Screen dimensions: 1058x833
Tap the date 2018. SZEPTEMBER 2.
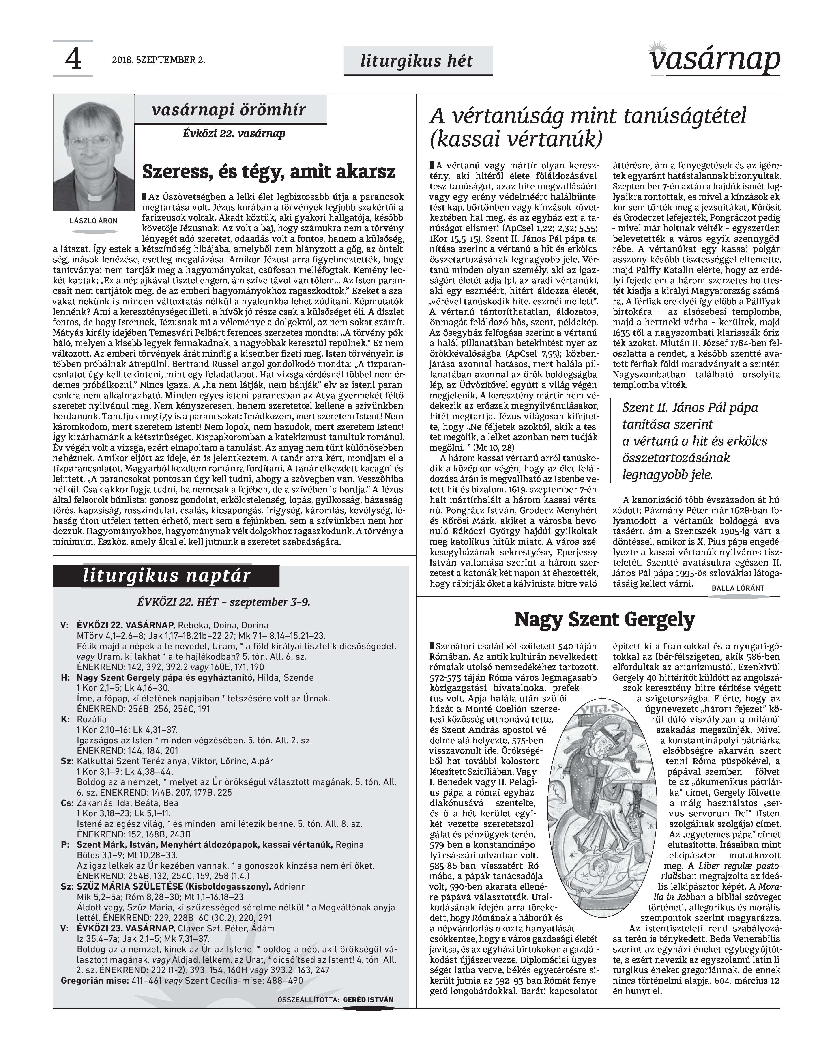point(159,60)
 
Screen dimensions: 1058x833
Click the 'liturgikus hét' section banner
point(417,61)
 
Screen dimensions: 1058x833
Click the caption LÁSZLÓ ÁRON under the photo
point(94,221)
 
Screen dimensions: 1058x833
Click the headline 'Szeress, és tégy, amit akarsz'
point(269,172)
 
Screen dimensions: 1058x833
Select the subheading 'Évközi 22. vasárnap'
point(234,133)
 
